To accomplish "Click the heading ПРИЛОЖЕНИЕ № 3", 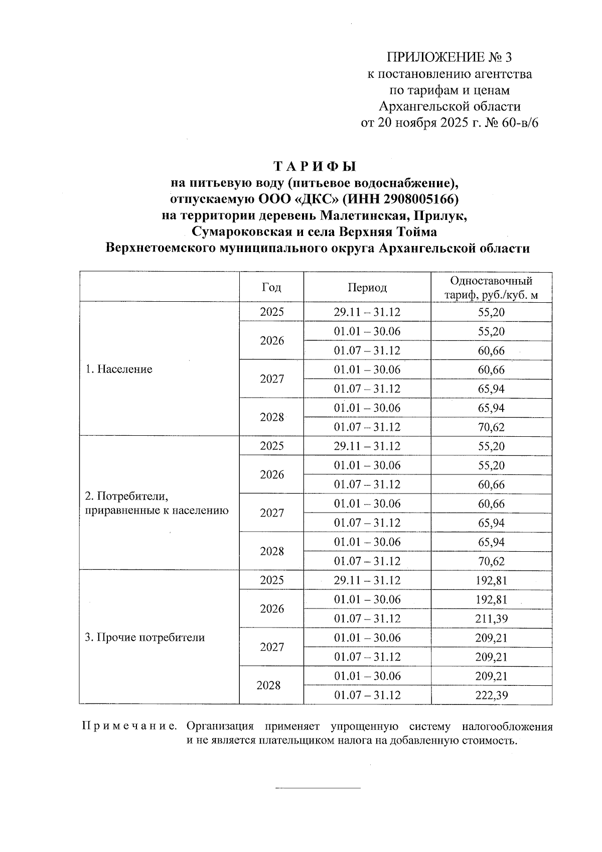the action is (449, 56).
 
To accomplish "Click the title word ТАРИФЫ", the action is (315, 166).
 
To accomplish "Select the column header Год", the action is (271, 287).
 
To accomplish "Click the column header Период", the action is (367, 287).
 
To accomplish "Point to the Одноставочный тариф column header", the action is (491, 287).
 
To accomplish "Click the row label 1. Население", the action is (118, 370).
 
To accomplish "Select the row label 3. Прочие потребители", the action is (144, 638).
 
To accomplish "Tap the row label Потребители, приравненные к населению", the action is (157, 504).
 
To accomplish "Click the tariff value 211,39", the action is (492, 619).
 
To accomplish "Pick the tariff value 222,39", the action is (492, 695).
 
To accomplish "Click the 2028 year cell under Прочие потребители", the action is (268, 685).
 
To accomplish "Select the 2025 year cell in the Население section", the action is (272, 312).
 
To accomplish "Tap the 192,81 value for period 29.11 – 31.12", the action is (492, 580).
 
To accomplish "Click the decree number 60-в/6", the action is (519, 123).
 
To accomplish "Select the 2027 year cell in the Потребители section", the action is (272, 513).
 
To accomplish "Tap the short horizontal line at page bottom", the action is (318, 788).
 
